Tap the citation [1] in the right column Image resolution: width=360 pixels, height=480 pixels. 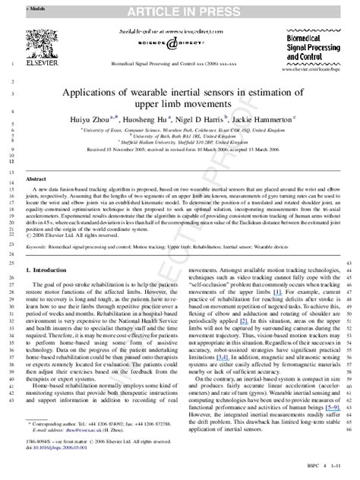[277, 292]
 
